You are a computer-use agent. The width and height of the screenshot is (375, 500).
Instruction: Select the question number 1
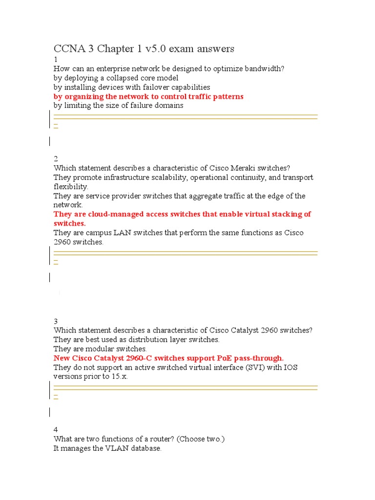pyautogui.click(x=55, y=60)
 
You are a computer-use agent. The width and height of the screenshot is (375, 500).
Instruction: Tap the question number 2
pyautogui.click(x=56, y=159)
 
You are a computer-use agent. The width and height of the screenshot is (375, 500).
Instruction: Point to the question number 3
pyautogui.click(x=56, y=321)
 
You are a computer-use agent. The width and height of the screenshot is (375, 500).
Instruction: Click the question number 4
pyautogui.click(x=56, y=430)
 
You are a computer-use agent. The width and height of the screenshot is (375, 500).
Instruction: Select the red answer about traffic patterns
pyautogui.click(x=148, y=97)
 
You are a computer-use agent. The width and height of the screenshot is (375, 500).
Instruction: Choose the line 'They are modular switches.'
pyautogui.click(x=100, y=349)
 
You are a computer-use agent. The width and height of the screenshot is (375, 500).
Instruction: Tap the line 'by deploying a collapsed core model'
pyautogui.click(x=116, y=78)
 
